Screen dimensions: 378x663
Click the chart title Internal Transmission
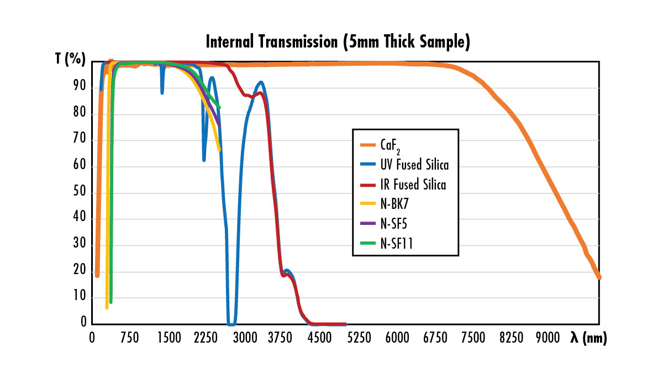(x=338, y=43)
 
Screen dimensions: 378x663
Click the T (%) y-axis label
(x=70, y=60)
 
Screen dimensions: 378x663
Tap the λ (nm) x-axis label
(x=589, y=338)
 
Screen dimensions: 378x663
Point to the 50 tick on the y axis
(x=80, y=193)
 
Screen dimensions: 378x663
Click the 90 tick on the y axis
(x=80, y=87)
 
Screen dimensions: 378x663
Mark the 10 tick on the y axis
(x=80, y=297)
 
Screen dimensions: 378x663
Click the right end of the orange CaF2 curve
(x=599, y=277)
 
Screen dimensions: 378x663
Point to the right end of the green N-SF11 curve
(x=219, y=107)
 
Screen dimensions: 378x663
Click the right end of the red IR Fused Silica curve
(x=345, y=324)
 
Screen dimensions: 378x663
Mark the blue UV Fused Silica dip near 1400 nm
(x=162, y=92)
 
